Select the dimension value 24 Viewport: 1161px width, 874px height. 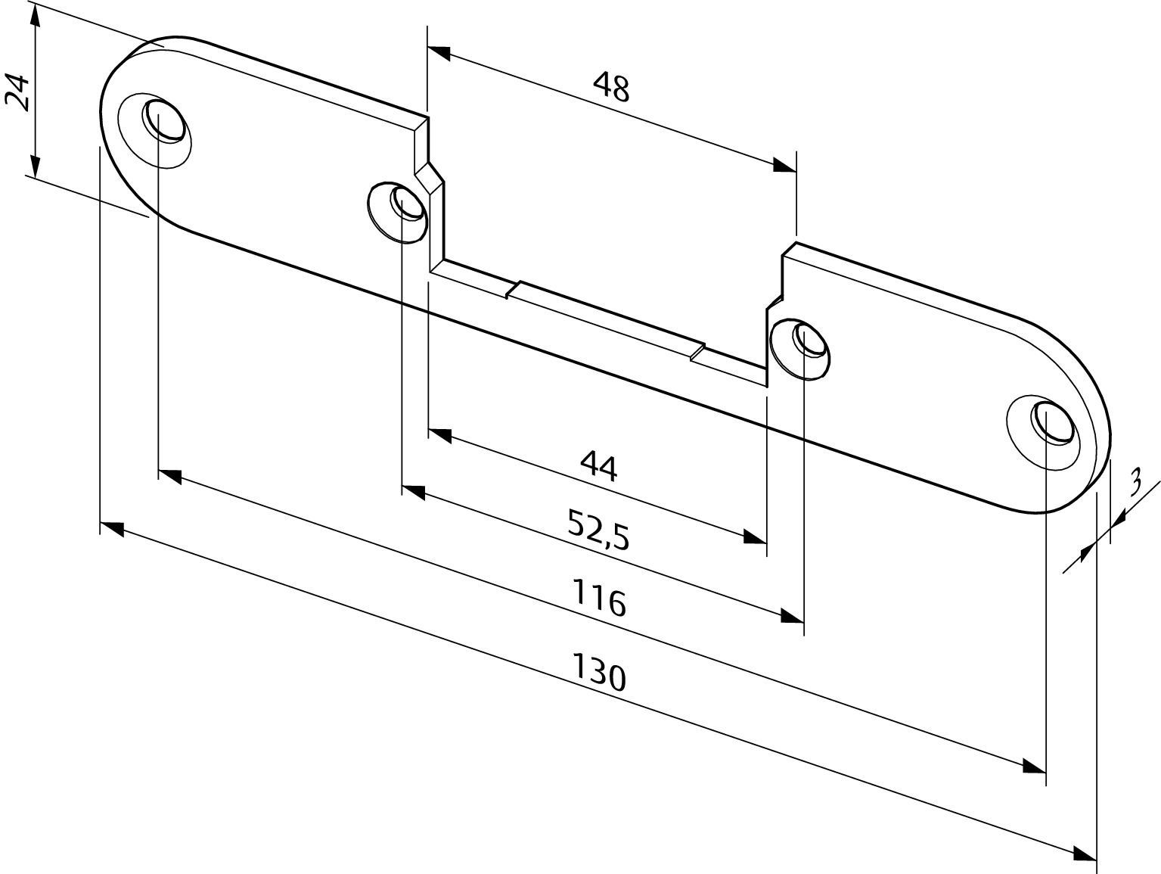[x=17, y=93]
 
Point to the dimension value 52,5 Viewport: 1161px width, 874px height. [x=598, y=530]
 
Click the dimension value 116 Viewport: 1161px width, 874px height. [x=599, y=598]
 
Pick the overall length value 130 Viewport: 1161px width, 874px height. [x=599, y=673]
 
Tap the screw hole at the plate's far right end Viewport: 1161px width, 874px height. [x=1052, y=422]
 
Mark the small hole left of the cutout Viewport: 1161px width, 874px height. [x=407, y=202]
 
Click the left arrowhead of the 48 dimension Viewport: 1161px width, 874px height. [x=439, y=53]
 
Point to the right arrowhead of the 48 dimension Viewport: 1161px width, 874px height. [x=785, y=165]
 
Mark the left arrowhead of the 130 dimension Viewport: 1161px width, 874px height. [x=112, y=528]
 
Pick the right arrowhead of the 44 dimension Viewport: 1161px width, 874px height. [x=756, y=537]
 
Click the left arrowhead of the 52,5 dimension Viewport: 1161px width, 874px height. [x=414, y=492]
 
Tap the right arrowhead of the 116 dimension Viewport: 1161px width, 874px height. [x=793, y=616]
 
